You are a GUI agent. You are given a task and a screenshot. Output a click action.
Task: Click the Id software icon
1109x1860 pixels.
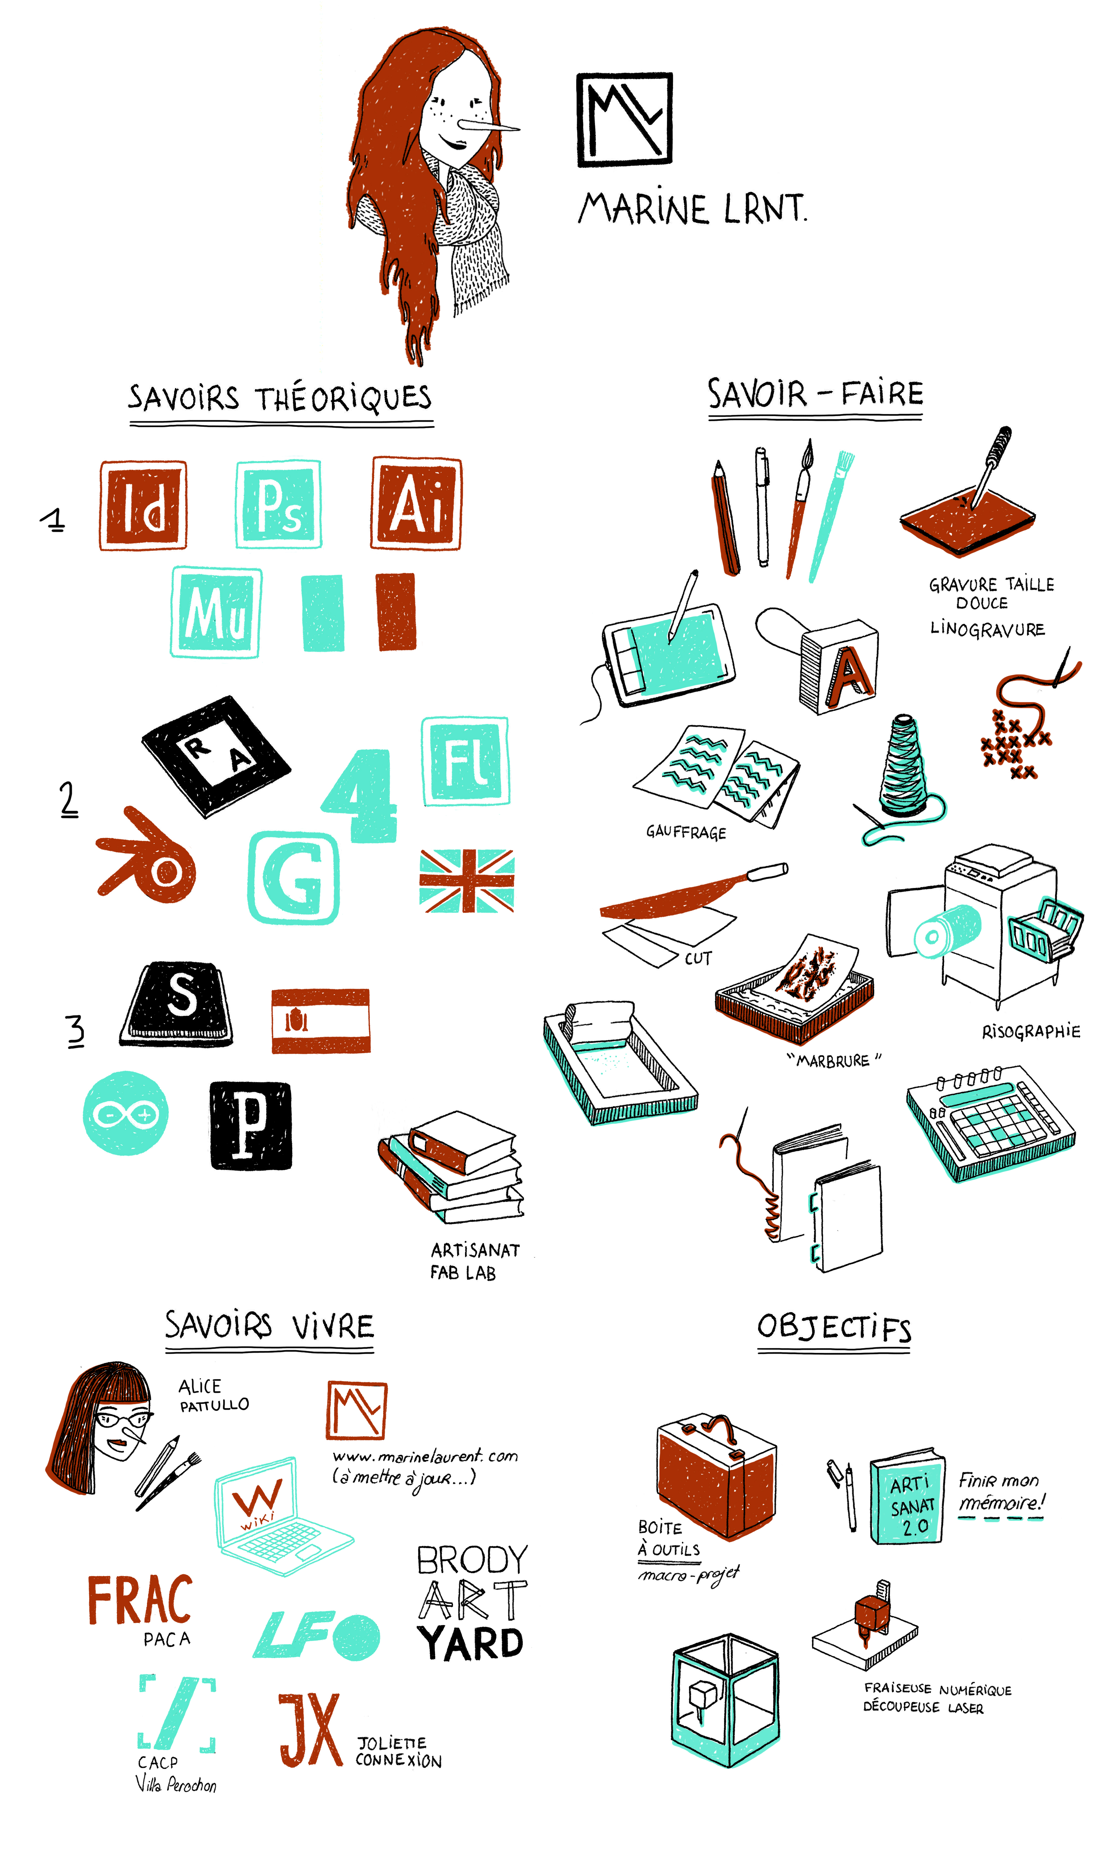tap(143, 505)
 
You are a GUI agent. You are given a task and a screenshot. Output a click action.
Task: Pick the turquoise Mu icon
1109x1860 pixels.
tap(216, 612)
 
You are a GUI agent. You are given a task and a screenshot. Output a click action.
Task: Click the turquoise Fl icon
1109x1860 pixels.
tap(466, 761)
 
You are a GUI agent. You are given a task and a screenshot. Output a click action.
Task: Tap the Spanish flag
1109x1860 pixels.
tap(321, 1021)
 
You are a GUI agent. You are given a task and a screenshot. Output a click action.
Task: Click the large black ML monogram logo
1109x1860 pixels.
tap(625, 119)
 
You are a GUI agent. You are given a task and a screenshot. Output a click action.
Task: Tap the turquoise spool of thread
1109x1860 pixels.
tap(905, 766)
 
